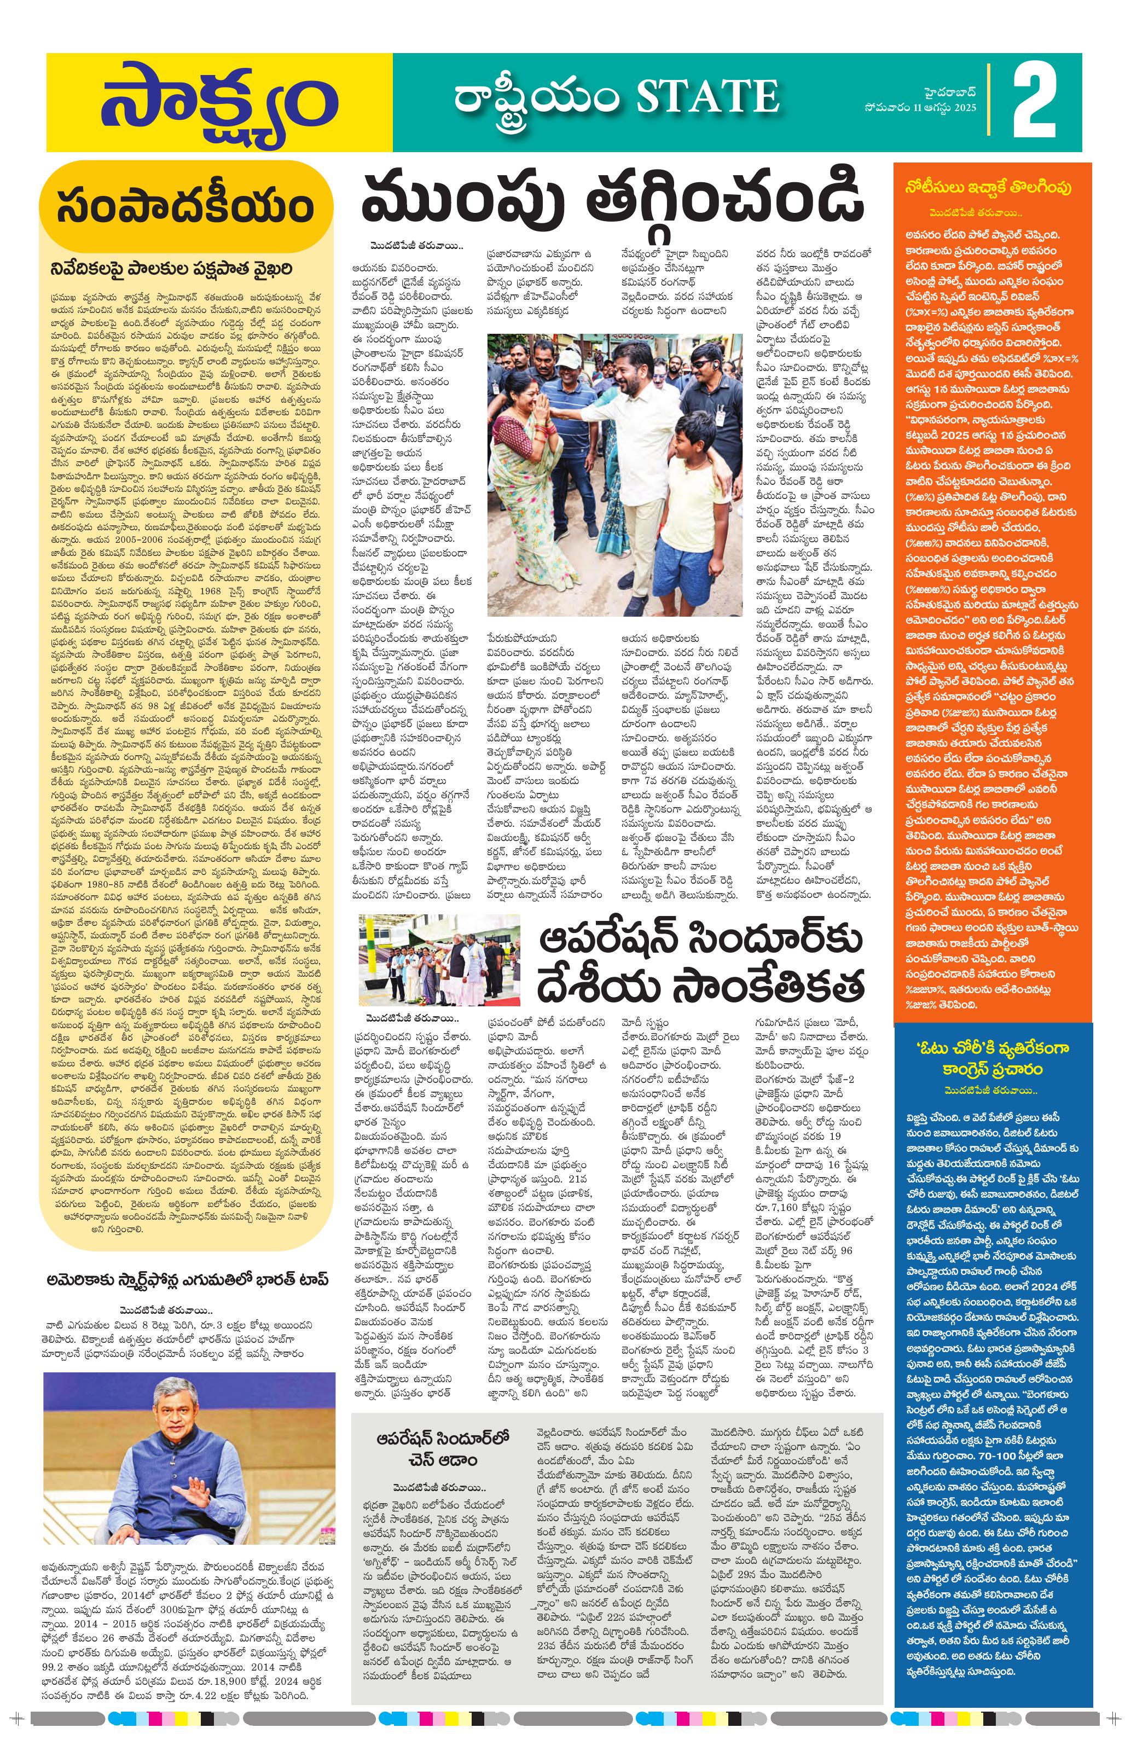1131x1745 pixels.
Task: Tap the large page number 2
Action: [x=1035, y=103]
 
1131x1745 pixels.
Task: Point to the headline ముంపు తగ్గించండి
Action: [x=612, y=198]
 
